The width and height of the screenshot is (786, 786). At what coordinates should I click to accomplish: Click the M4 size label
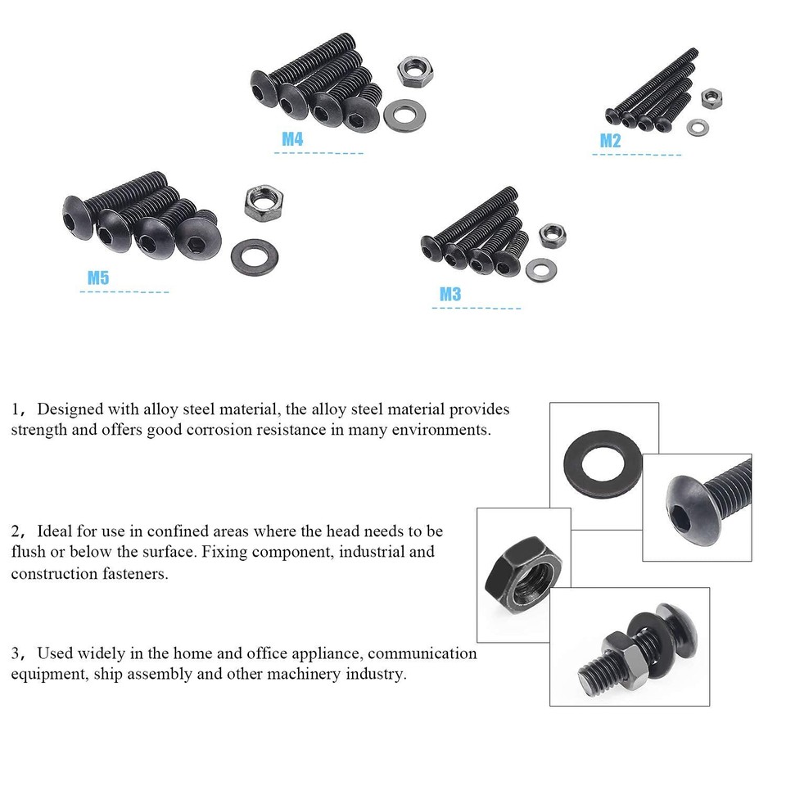[292, 139]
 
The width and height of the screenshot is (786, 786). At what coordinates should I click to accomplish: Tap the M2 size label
[610, 141]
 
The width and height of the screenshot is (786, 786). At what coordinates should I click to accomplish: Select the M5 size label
[98, 278]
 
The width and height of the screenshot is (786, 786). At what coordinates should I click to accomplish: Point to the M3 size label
[450, 295]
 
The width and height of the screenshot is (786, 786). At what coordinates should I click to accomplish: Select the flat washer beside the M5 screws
[254, 256]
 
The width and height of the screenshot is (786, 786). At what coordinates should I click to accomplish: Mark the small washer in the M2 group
[698, 127]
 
